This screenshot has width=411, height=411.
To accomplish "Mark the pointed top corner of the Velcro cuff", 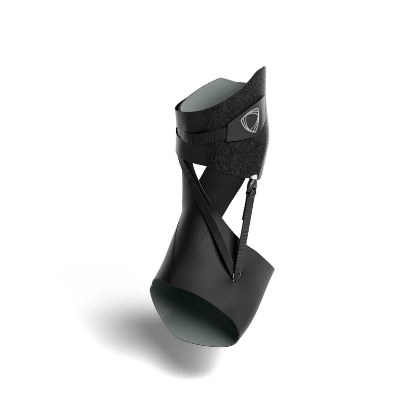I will (264, 68).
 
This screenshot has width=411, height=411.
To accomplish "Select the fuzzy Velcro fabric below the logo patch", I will (226, 154).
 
